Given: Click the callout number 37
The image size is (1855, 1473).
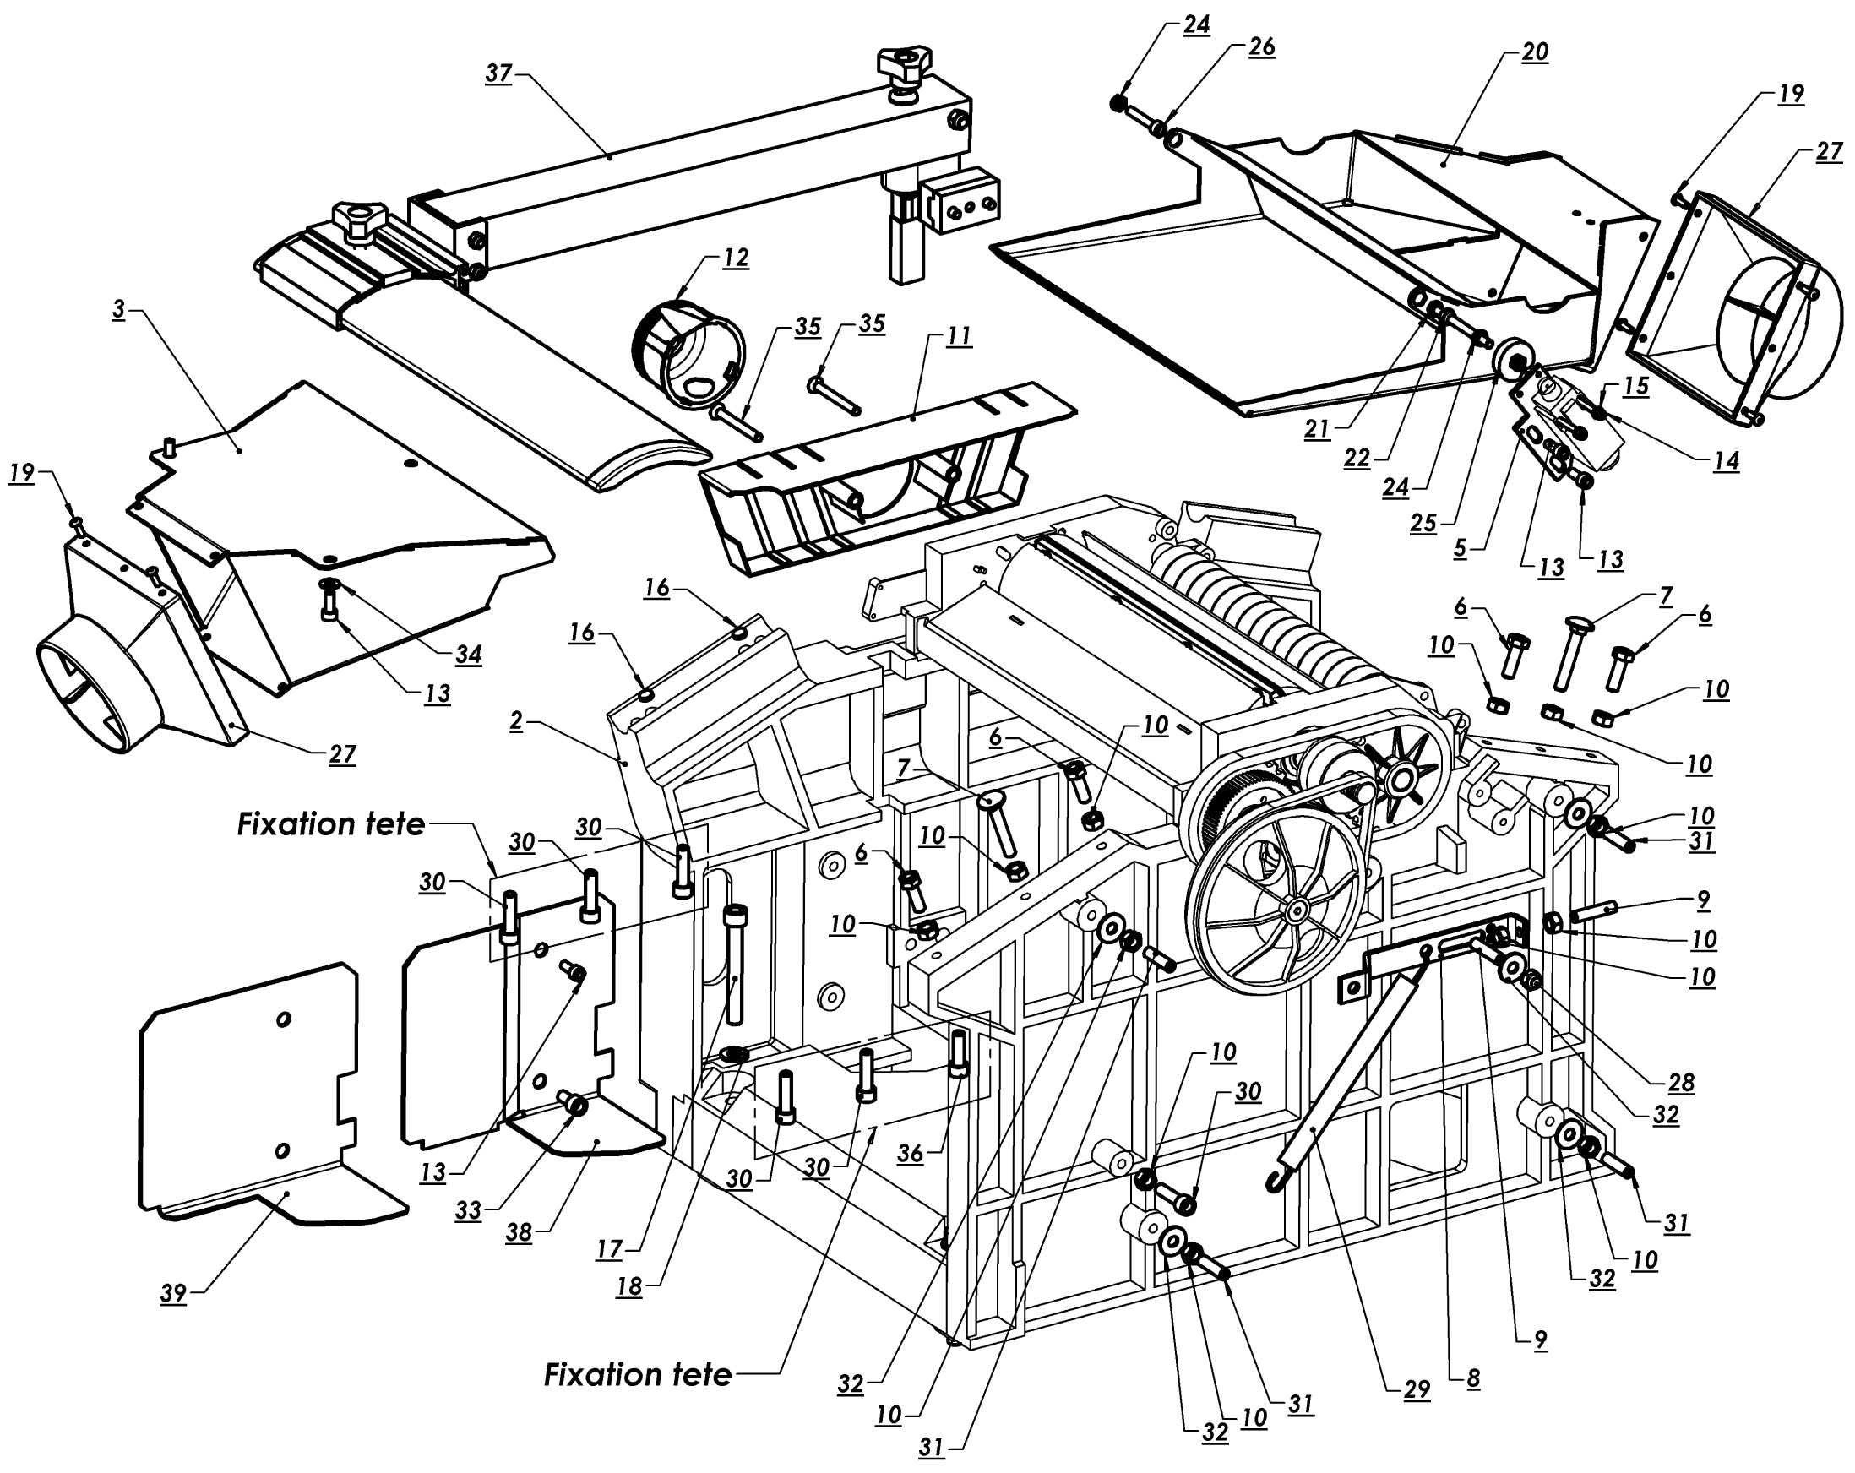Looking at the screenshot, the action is tap(499, 73).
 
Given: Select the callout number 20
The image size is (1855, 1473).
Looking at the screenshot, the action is tap(1535, 52).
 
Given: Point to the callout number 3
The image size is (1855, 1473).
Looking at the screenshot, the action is tap(119, 310).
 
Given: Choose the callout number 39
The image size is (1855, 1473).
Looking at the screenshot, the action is tap(173, 1293).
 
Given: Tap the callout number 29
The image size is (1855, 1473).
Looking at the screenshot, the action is tap(1417, 1389).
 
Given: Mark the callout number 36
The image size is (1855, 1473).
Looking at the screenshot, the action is tap(910, 1153).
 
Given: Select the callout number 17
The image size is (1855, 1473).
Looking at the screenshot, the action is tap(609, 1248).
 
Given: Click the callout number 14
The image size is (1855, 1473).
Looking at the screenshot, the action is tap(1726, 461).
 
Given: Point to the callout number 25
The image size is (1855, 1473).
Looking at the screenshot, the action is tap(1423, 522).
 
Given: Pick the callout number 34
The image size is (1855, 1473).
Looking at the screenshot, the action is tap(468, 655).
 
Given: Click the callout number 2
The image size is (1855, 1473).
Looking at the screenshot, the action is tap(515, 721).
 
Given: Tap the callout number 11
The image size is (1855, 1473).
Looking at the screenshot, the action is tap(959, 335).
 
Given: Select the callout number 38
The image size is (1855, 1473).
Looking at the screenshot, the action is tap(518, 1233).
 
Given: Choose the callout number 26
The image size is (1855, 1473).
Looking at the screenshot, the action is tap(1261, 46).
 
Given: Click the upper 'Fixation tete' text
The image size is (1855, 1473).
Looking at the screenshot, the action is tap(331, 824).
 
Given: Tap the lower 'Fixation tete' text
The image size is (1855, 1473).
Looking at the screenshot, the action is tap(638, 1374).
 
